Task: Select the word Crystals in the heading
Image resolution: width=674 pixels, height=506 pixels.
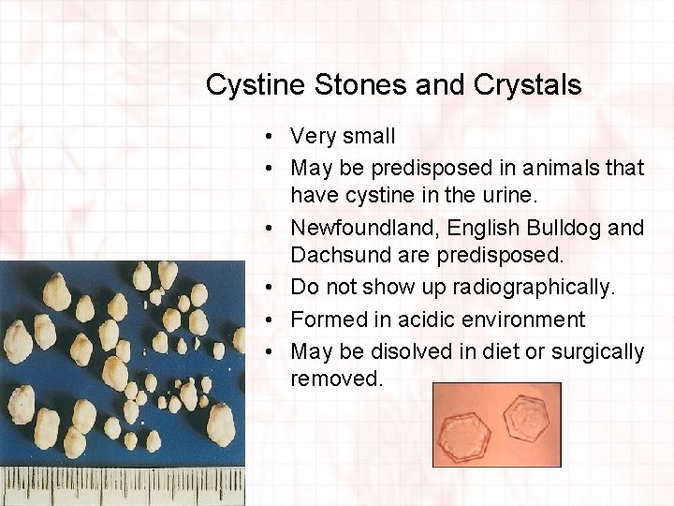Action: pyautogui.click(x=528, y=85)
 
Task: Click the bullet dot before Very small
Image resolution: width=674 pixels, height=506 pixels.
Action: pyautogui.click(x=268, y=137)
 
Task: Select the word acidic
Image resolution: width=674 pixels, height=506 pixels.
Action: pyautogui.click(x=410, y=320)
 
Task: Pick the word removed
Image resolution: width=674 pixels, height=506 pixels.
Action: pyautogui.click(x=335, y=379)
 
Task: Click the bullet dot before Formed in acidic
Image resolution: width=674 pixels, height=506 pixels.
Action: pyautogui.click(x=268, y=320)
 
